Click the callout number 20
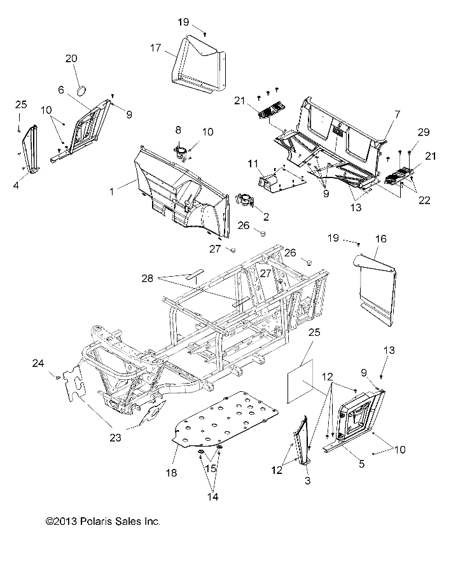pyautogui.click(x=71, y=59)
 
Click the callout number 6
pyautogui.click(x=61, y=90)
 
